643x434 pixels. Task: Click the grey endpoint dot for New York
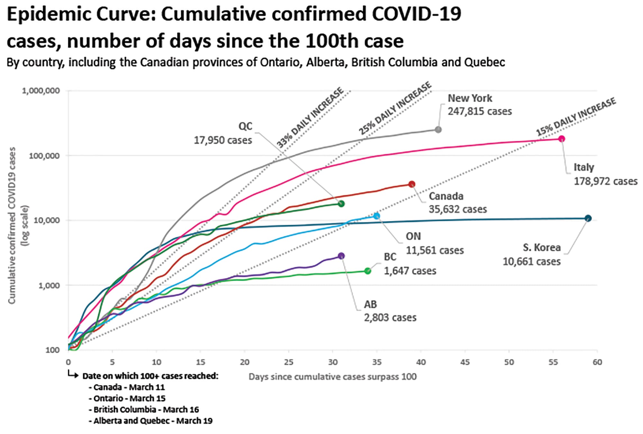[438, 130]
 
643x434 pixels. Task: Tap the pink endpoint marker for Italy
[561, 139]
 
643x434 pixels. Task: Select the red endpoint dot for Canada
[412, 184]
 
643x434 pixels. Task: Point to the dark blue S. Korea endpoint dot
[588, 218]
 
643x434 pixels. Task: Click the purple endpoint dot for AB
[341, 256]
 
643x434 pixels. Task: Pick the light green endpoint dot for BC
[367, 271]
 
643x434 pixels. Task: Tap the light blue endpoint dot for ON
[376, 216]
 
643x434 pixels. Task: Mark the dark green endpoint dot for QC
[341, 204]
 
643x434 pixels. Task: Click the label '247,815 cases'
[480, 112]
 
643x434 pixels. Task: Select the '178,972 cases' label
[605, 181]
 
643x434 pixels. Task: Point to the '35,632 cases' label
[457, 209]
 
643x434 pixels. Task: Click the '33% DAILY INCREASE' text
[310, 118]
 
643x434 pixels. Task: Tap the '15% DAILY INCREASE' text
[575, 116]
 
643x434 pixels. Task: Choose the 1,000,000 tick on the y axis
[41, 91]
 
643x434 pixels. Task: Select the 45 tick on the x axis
[465, 362]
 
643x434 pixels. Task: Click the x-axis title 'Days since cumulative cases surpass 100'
[332, 376]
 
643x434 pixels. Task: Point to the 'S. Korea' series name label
[542, 248]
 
